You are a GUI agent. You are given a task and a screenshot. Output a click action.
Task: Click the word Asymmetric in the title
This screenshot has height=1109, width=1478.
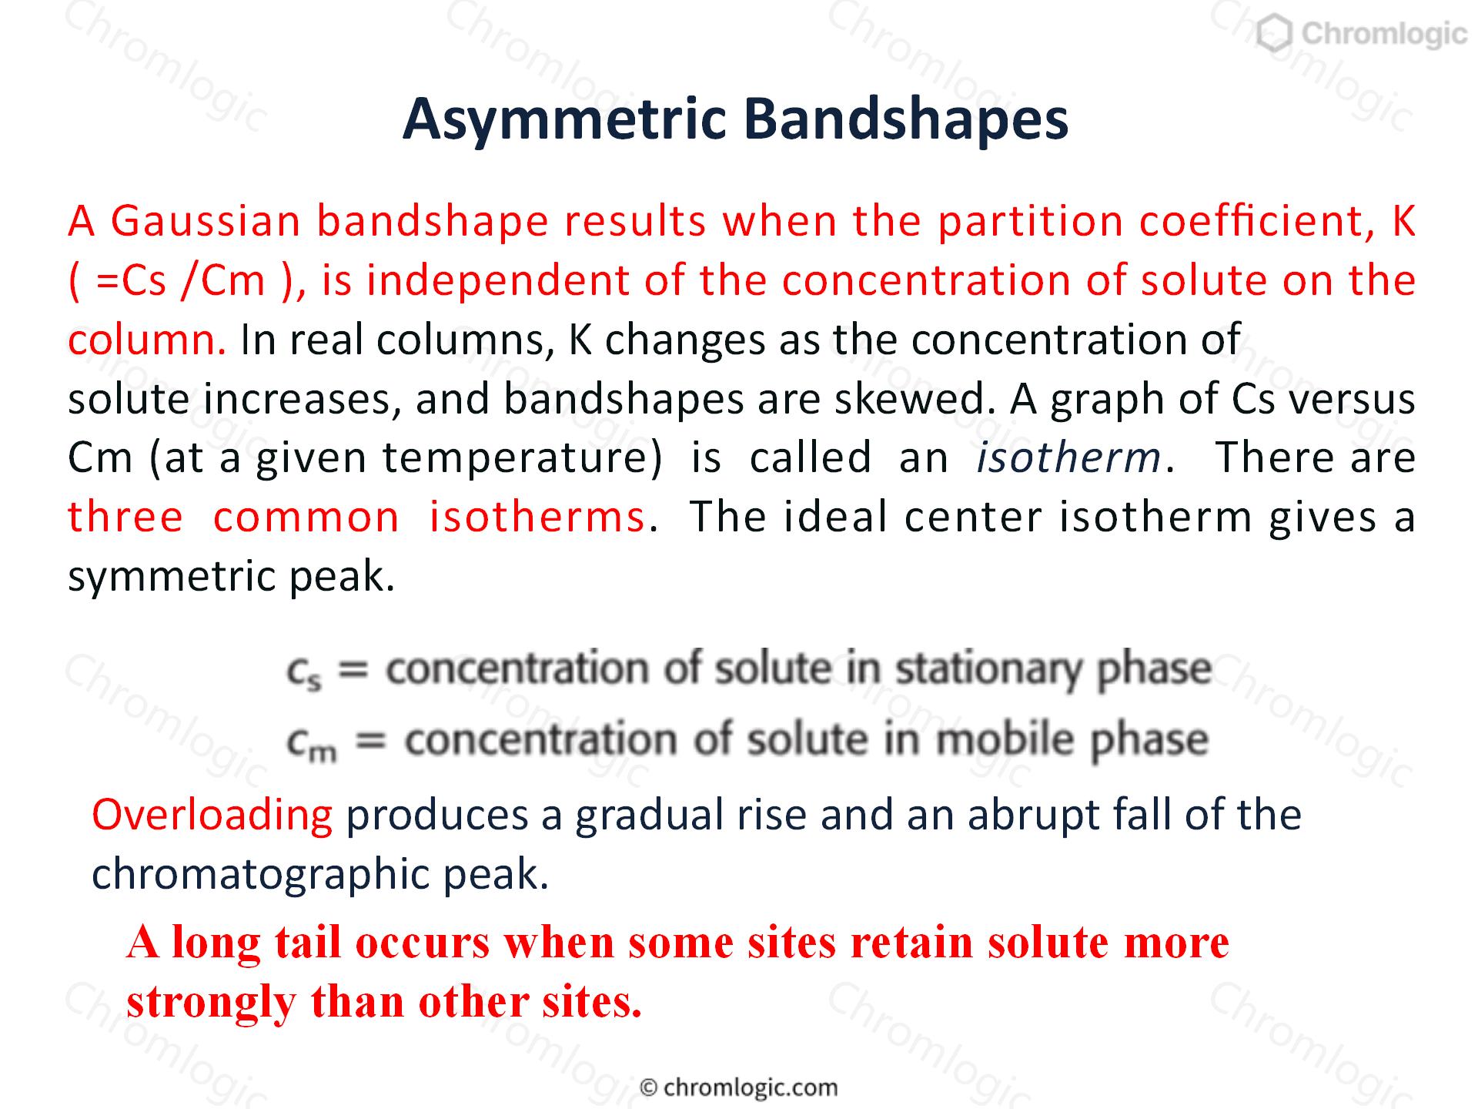pyautogui.click(x=564, y=120)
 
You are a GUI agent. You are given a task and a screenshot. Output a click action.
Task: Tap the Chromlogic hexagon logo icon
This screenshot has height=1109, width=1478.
pyautogui.click(x=1275, y=34)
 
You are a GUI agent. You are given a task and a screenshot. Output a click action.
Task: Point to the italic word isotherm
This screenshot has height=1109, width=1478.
pyautogui.click(x=1068, y=457)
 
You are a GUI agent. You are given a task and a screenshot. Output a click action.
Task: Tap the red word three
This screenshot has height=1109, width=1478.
pyautogui.click(x=125, y=517)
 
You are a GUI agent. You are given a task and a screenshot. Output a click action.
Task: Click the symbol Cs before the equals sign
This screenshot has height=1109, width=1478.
pyautogui.click(x=304, y=672)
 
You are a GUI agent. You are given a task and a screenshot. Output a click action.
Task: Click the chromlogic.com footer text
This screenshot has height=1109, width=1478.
pyautogui.click(x=740, y=1087)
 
